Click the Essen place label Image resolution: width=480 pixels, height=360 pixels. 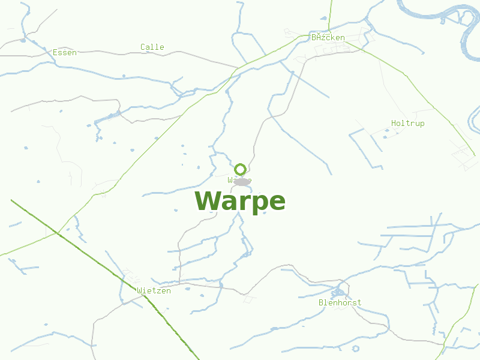(x=65, y=53)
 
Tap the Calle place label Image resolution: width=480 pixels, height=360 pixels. (x=152, y=47)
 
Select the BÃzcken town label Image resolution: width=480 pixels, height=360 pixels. (x=328, y=37)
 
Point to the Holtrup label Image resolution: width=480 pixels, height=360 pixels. (x=407, y=124)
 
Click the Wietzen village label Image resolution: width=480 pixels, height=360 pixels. (x=154, y=291)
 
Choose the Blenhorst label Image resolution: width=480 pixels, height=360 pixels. (x=340, y=303)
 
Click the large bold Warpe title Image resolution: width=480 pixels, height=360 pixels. (x=240, y=202)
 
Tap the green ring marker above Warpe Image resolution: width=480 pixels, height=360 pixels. (x=241, y=169)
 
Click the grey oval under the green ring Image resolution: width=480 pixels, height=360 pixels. (x=241, y=181)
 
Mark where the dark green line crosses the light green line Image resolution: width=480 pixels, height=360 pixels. (x=58, y=232)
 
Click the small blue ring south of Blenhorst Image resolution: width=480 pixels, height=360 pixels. (x=356, y=348)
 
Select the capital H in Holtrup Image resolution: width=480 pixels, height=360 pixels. (x=394, y=124)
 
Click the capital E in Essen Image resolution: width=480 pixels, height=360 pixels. (x=55, y=53)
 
